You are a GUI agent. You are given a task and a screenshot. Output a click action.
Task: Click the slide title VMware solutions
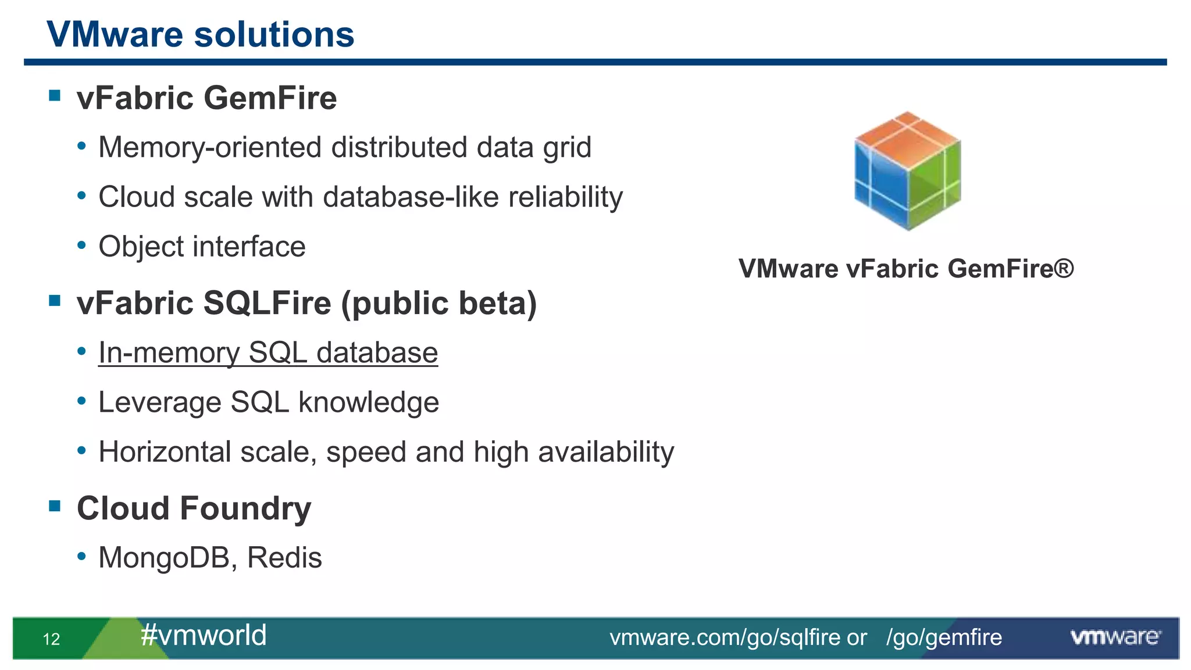pyautogui.click(x=200, y=35)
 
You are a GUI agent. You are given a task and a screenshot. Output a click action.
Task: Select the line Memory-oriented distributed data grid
pyautogui.click(x=344, y=147)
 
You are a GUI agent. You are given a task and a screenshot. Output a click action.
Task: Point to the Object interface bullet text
pyautogui.click(x=202, y=247)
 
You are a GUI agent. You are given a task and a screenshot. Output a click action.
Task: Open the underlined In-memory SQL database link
pyautogui.click(x=268, y=353)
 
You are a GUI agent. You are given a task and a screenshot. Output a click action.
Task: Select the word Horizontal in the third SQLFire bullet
pyautogui.click(x=165, y=452)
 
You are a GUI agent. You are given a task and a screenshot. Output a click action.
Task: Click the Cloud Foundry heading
pyautogui.click(x=194, y=508)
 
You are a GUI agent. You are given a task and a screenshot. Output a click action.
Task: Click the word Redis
pyautogui.click(x=284, y=558)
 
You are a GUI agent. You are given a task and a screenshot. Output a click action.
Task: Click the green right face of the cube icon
pyautogui.click(x=935, y=186)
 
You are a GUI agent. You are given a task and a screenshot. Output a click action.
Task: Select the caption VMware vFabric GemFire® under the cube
pyautogui.click(x=905, y=269)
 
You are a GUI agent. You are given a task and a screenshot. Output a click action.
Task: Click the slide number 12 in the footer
pyautogui.click(x=51, y=639)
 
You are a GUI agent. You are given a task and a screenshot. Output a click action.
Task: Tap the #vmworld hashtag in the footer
pyautogui.click(x=204, y=635)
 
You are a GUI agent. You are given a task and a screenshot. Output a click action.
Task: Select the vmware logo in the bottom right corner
pyautogui.click(x=1115, y=637)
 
